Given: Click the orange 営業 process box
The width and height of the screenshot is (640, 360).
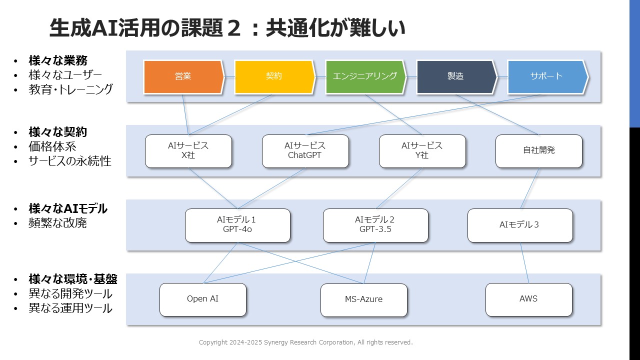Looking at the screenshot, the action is (x=183, y=77).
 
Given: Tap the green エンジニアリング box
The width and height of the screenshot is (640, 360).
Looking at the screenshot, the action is (x=365, y=77).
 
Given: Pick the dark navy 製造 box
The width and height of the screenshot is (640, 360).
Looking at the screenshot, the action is (x=456, y=77).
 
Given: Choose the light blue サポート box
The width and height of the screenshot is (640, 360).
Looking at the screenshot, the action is (x=547, y=77).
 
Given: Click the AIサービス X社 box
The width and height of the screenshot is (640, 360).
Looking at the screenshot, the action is (x=188, y=151).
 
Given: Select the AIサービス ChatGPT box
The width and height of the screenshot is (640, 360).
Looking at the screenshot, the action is (x=305, y=151).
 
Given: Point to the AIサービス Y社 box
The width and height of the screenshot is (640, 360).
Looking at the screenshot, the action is (x=422, y=151).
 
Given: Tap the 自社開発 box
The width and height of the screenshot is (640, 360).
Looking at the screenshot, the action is (x=539, y=151).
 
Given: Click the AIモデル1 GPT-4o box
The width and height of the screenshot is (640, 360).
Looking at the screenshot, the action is (x=237, y=225).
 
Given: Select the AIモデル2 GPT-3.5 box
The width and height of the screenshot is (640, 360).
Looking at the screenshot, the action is (x=375, y=225).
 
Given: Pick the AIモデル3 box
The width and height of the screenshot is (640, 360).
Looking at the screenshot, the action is (x=520, y=225).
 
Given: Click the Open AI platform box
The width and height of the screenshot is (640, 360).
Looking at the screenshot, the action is (x=203, y=299).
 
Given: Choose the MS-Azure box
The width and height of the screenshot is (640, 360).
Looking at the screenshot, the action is (x=363, y=300).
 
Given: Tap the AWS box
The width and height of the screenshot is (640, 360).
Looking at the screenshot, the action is (x=529, y=299).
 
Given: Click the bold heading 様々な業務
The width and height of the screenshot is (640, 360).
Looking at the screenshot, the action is (x=57, y=60).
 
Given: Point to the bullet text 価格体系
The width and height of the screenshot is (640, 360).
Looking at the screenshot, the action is (x=52, y=146).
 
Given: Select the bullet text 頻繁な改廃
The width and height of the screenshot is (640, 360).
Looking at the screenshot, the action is (x=57, y=223).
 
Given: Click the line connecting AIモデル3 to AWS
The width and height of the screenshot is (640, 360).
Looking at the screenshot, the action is (x=524, y=263).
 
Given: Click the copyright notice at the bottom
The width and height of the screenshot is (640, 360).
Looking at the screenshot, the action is (x=305, y=342).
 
